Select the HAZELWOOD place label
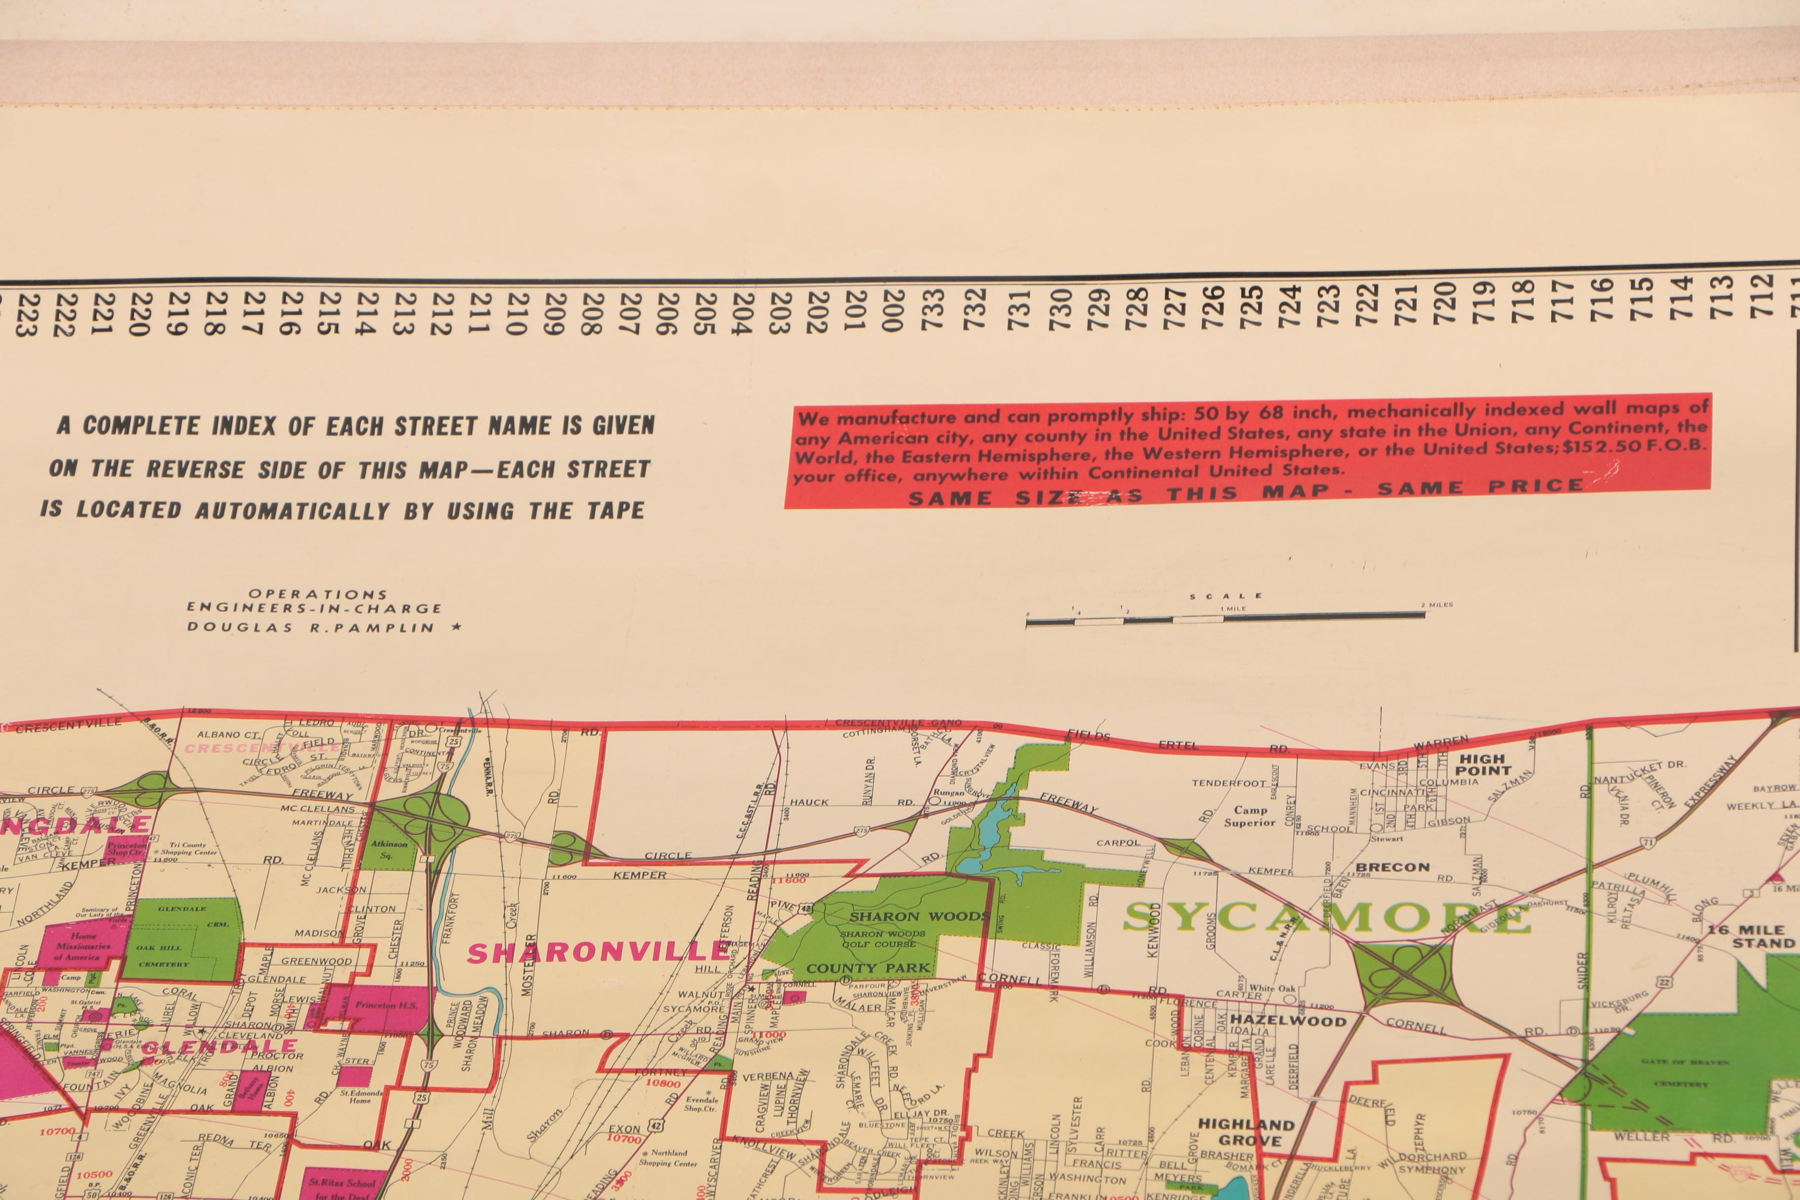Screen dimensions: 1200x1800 pos(1288,1021)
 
